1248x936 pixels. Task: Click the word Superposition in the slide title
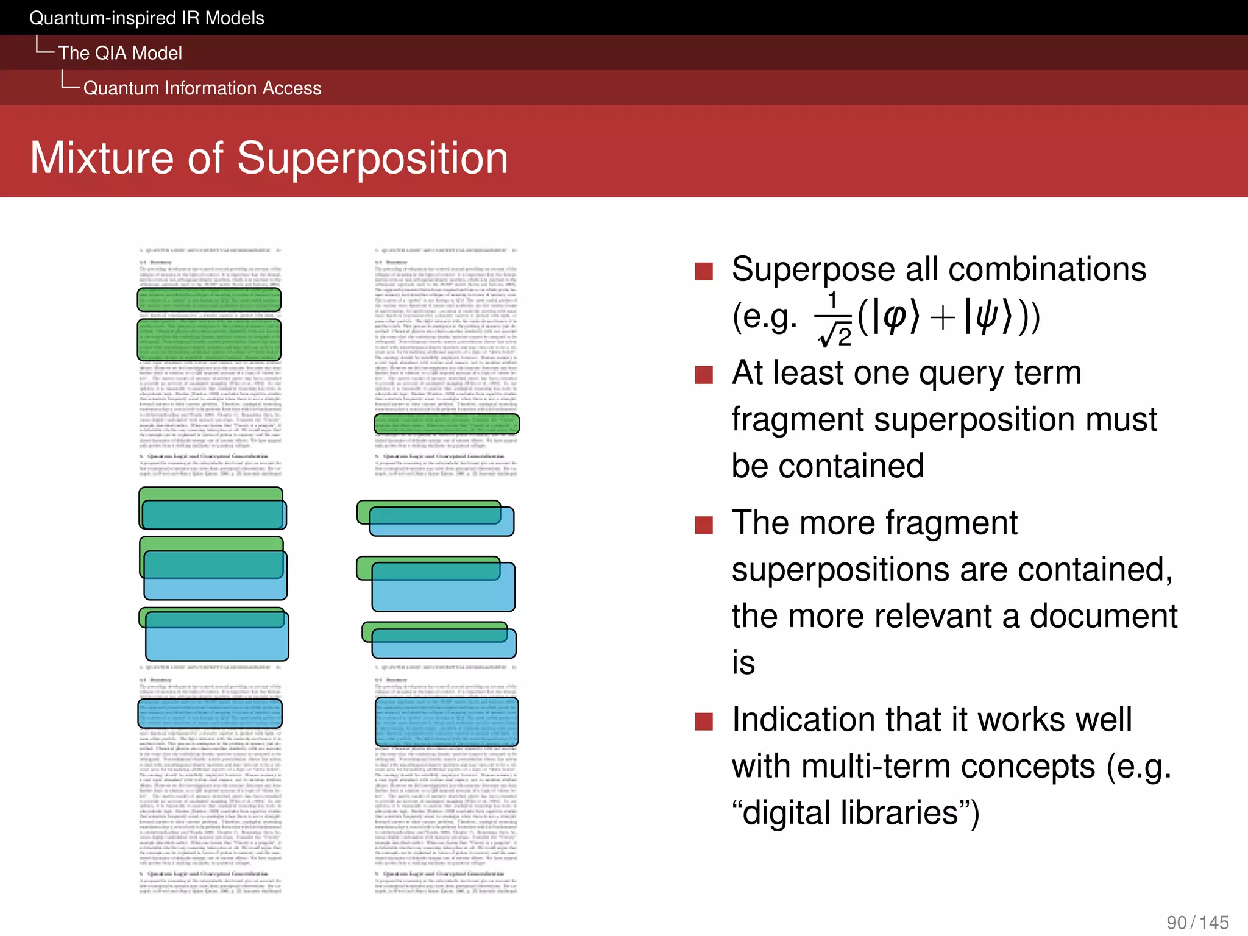(372, 158)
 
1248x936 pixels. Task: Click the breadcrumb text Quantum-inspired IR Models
(146, 18)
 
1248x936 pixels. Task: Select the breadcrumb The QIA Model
(120, 53)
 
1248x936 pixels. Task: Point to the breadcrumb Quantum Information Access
(202, 88)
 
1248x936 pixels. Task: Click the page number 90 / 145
(1197, 922)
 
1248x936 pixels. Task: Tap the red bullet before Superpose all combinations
(704, 271)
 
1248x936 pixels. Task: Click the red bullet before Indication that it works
(704, 721)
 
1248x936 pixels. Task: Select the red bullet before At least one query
(704, 375)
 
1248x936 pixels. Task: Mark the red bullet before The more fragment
(704, 525)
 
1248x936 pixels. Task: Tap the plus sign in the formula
(942, 319)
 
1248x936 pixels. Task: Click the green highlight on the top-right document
(447, 424)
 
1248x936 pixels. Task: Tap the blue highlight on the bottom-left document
(210, 714)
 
